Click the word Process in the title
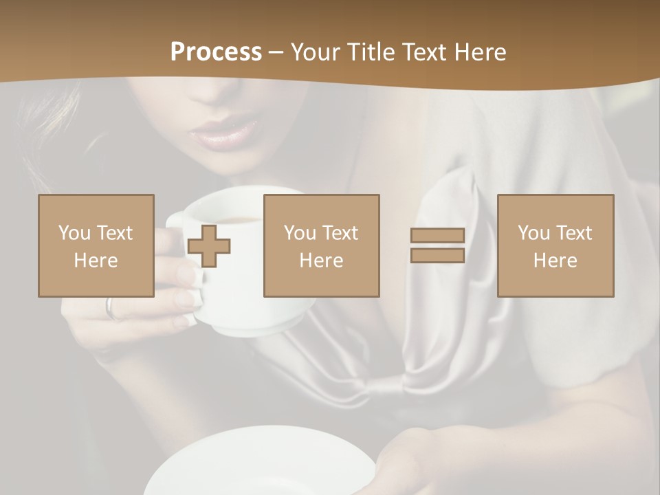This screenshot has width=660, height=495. click(x=216, y=52)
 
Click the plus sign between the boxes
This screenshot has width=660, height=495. click(x=209, y=245)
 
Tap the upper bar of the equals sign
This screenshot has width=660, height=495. click(x=437, y=235)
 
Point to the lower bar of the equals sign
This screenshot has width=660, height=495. click(x=437, y=256)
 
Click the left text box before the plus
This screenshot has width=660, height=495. click(x=96, y=245)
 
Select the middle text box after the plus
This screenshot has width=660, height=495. click(x=321, y=245)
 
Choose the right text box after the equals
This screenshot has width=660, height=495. click(x=555, y=245)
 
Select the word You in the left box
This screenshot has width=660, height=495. click(x=74, y=232)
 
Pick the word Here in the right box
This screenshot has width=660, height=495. click(x=555, y=260)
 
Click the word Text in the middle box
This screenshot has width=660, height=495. click(x=340, y=232)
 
